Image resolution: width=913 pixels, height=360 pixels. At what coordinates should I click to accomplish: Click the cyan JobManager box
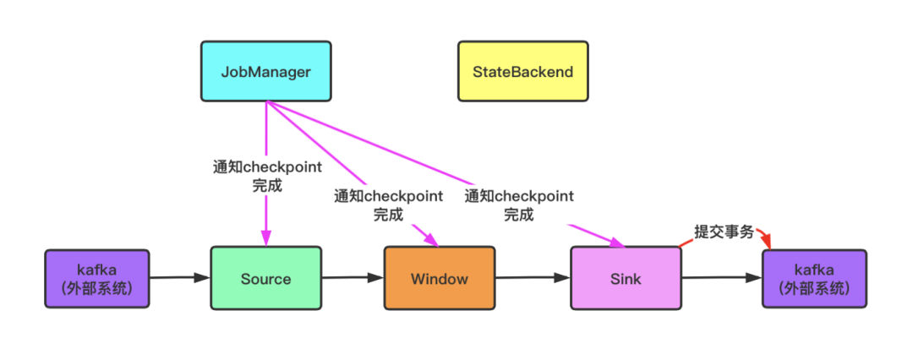265,71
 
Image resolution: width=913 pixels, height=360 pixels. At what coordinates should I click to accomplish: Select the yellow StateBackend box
522,71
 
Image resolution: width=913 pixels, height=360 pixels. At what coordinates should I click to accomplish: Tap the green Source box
265,278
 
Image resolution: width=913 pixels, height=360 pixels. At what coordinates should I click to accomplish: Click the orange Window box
439,278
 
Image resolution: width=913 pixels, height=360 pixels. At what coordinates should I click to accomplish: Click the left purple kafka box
96,278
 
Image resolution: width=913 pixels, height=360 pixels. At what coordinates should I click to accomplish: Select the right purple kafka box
814,278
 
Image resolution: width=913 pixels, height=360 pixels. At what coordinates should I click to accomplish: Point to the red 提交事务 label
724,232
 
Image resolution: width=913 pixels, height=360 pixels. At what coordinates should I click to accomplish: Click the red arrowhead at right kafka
768,243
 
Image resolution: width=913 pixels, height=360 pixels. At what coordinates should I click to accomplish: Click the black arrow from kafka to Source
179,276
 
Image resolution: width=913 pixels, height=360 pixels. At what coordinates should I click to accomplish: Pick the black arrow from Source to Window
353,276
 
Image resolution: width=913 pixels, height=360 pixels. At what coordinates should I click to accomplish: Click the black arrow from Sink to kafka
721,277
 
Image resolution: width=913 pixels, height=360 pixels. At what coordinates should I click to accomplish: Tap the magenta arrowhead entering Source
266,239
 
